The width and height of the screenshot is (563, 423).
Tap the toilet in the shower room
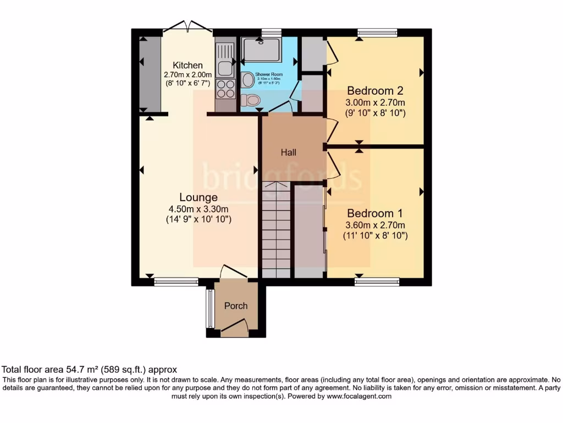pyautogui.click(x=250, y=100)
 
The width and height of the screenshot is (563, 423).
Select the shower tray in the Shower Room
pyautogui.click(x=261, y=50)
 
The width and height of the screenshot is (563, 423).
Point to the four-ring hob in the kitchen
pyautogui.click(x=225, y=89)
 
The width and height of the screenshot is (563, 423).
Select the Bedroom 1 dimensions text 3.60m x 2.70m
pyautogui.click(x=376, y=225)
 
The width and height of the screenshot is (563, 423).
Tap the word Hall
pyautogui.click(x=289, y=153)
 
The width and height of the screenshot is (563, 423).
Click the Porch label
pyautogui.click(x=236, y=306)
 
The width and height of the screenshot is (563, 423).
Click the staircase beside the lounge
pyautogui.click(x=275, y=231)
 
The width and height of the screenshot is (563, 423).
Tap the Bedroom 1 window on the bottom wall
pyautogui.click(x=377, y=282)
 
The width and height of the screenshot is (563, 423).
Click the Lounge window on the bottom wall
pyautogui.click(x=176, y=282)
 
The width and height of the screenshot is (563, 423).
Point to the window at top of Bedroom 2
pyautogui.click(x=377, y=33)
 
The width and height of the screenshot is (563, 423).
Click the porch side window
pyautogui.click(x=209, y=308)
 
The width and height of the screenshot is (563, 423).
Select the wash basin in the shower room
pyautogui.click(x=248, y=80)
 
